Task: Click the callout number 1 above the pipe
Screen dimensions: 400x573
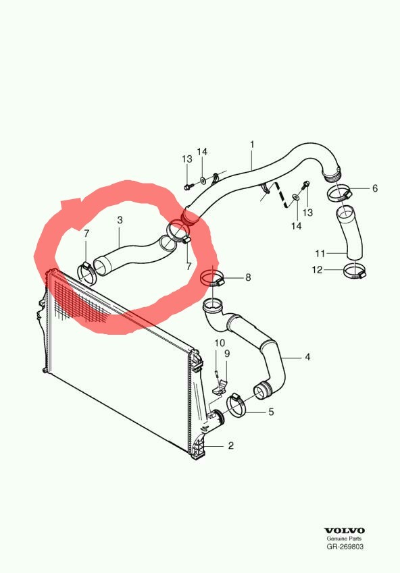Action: [252, 144]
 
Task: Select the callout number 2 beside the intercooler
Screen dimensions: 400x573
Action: [230, 445]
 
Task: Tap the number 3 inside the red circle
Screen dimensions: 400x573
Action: [120, 220]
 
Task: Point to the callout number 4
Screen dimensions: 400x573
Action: [307, 357]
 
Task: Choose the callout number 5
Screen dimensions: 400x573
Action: [271, 412]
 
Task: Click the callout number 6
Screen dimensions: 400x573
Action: [375, 188]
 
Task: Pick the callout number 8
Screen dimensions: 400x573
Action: [248, 277]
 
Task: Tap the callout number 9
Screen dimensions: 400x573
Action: [227, 354]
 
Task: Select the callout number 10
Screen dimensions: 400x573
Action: [220, 343]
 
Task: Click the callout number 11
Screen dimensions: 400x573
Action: [320, 253]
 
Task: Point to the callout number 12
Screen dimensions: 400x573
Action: [318, 270]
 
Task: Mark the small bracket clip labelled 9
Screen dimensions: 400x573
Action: [220, 387]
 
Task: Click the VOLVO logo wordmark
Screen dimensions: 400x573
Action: [345, 530]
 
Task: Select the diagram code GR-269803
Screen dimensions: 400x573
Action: [345, 547]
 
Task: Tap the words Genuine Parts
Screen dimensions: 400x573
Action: [344, 539]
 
